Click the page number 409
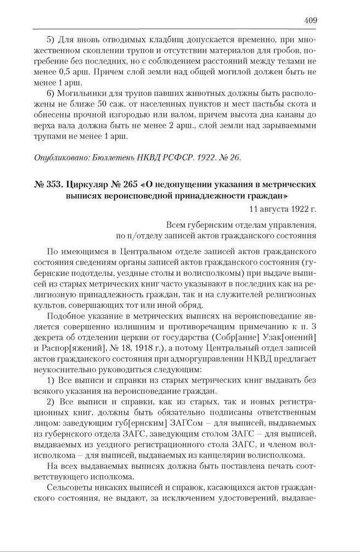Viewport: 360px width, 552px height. pyautogui.click(x=310, y=21)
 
